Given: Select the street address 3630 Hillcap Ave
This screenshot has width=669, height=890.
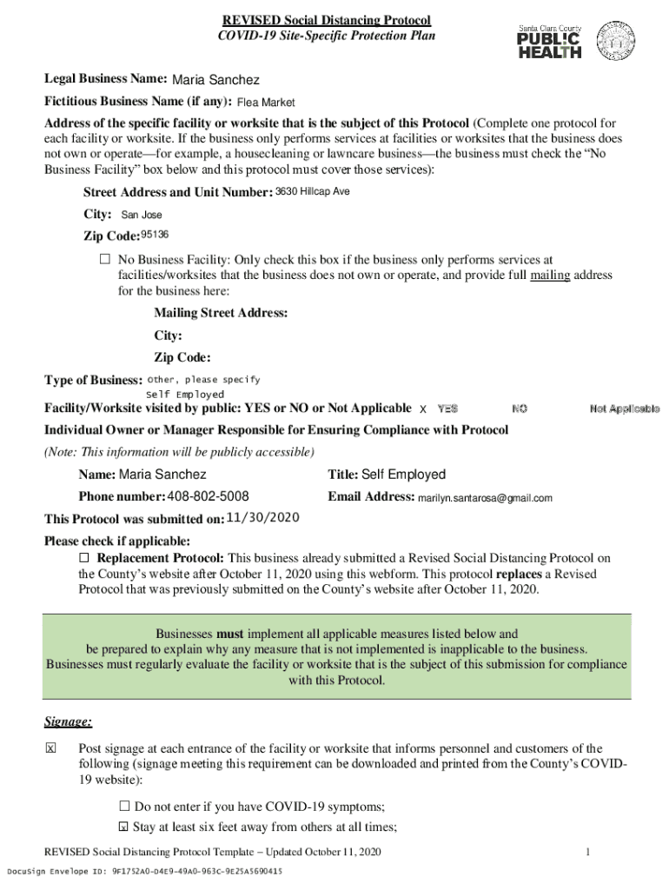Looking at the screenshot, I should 312,191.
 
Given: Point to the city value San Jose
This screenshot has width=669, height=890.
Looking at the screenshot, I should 141,215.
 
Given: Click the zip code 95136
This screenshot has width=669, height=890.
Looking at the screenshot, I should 155,235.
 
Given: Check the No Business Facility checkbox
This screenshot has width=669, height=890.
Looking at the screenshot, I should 105,260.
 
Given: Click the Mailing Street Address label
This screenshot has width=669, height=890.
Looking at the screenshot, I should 221,313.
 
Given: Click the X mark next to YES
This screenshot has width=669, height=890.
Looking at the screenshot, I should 423,409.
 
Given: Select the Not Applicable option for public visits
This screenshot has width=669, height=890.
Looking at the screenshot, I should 623,408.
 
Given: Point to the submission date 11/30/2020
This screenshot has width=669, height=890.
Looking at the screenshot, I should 262,517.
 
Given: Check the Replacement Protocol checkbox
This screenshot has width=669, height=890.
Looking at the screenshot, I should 84,557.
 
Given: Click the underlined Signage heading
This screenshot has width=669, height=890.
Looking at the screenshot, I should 68,722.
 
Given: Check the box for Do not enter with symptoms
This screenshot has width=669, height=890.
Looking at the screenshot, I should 123,806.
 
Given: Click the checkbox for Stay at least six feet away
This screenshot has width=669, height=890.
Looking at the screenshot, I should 123,827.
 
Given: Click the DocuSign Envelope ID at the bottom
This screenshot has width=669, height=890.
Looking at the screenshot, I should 145,871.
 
